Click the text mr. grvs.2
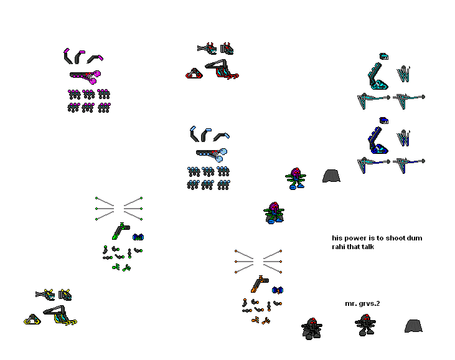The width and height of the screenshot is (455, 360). coord(362,304)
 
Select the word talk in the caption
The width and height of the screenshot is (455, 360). coord(368,247)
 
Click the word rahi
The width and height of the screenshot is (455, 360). coord(339,247)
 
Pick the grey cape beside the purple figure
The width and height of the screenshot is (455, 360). coord(331,176)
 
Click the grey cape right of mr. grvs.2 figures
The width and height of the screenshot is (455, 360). coord(413,326)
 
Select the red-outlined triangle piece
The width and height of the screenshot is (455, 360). coord(194,73)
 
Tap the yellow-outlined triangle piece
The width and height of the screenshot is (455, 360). coord(32,320)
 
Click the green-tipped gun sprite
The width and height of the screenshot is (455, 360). coord(120,231)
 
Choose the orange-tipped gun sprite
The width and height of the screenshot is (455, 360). coord(260,284)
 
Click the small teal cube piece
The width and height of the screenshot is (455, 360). coord(383,56)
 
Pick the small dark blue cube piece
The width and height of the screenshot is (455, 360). coord(383,120)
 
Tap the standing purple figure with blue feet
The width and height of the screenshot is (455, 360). coord(296,179)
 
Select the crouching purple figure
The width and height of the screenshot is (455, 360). coord(274,213)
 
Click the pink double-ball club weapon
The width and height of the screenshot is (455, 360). coord(85,77)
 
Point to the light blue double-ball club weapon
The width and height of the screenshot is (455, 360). coord(212,154)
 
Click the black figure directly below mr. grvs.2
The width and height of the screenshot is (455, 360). coord(365,325)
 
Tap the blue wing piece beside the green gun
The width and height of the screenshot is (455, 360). coord(138,237)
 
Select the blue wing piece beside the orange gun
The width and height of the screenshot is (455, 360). coord(278,290)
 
